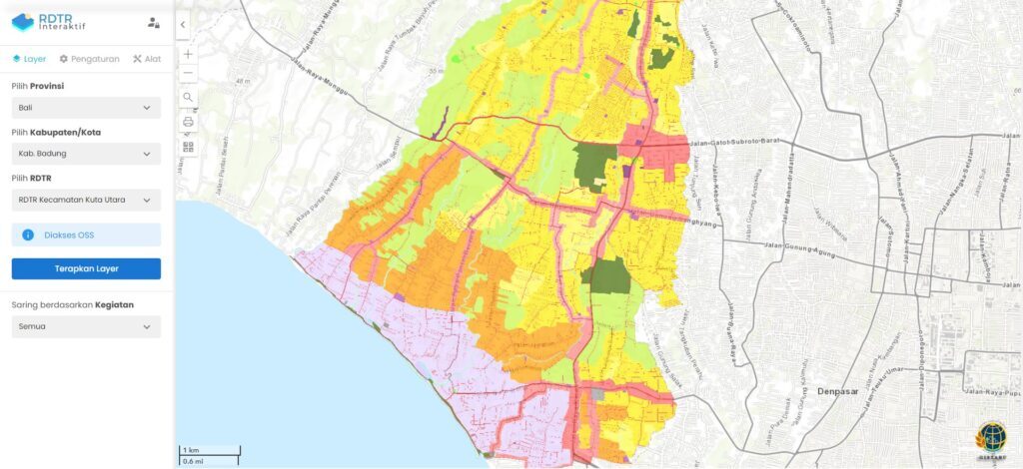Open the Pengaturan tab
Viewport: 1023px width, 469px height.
[90, 59]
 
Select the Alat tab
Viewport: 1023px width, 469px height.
[147, 59]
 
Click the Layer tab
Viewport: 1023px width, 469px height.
[29, 59]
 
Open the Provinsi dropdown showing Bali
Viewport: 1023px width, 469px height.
[86, 108]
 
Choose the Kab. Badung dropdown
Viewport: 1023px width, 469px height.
[86, 154]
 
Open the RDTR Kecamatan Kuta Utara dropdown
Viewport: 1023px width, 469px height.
[86, 200]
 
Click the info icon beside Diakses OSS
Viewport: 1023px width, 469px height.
[29, 235]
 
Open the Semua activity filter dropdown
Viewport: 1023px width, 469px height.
[86, 326]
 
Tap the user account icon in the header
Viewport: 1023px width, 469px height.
[153, 22]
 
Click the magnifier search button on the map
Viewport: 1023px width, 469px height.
[188, 98]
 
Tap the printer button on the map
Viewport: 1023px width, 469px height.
[188, 122]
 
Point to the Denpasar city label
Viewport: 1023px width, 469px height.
[838, 391]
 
